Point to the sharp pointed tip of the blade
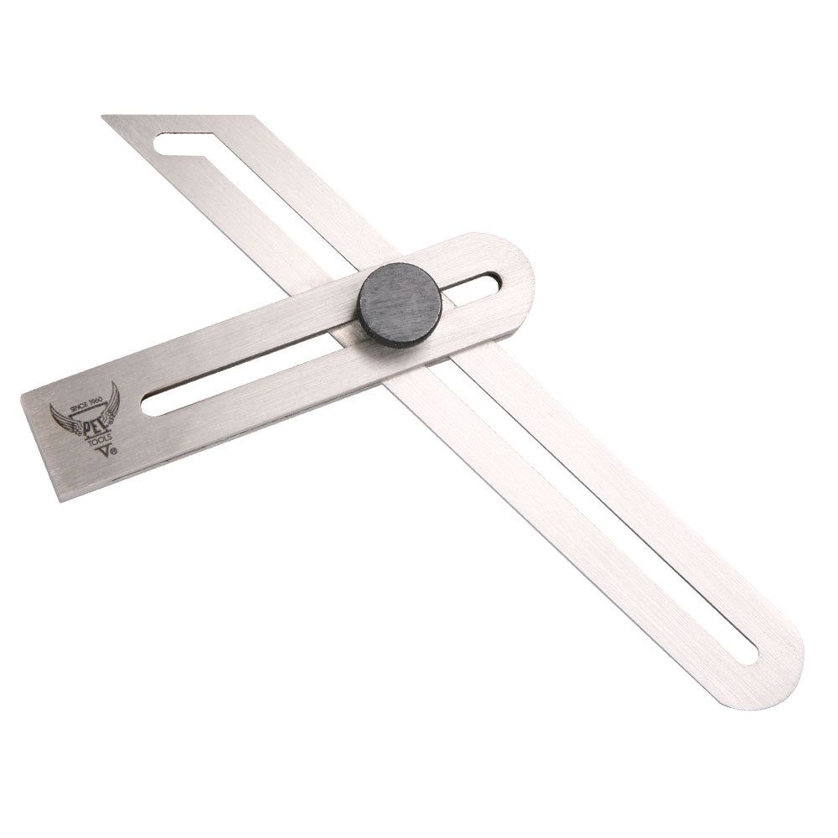point(104,117)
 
